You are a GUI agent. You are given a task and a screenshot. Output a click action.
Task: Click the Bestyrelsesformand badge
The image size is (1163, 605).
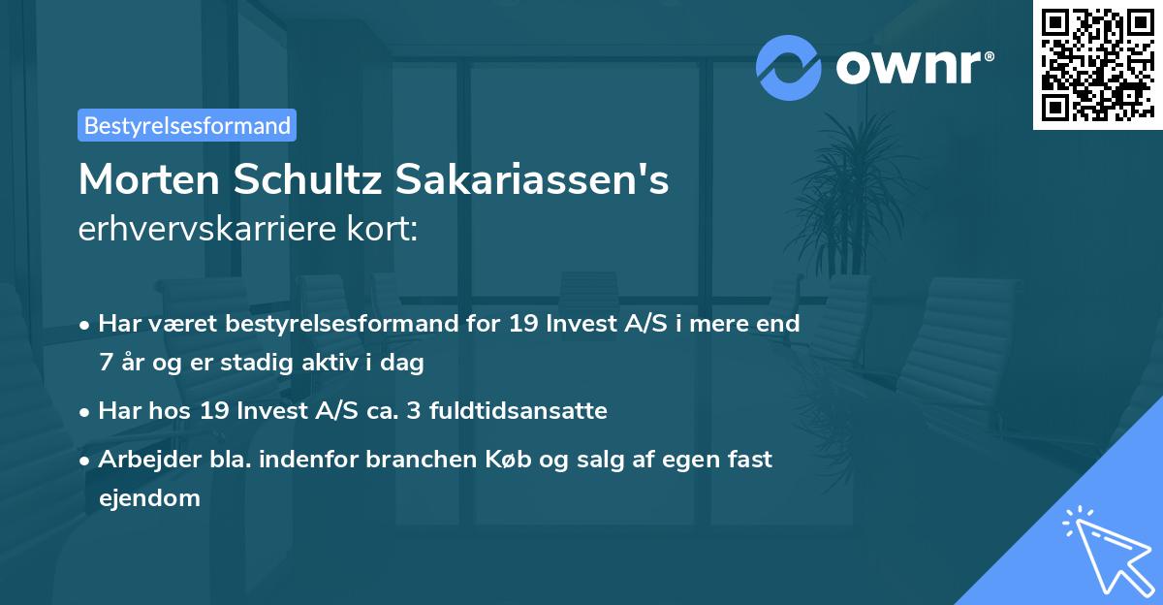pos(187,125)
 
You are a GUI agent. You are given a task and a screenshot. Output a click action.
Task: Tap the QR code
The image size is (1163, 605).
pos(1097,64)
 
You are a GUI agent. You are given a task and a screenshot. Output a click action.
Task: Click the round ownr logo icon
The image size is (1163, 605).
pos(789,68)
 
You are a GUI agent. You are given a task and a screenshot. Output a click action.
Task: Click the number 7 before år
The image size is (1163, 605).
pos(105,364)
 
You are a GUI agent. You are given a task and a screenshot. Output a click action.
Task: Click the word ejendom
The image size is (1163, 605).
pos(149,498)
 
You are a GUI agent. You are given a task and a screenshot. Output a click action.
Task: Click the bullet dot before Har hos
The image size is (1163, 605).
pos(86,412)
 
